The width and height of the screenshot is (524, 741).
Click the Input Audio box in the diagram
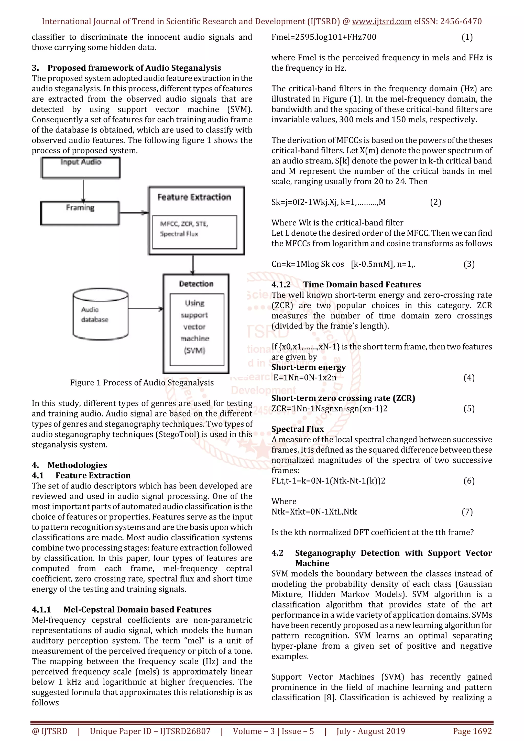[81, 168]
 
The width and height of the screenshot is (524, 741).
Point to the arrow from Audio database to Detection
[146, 309]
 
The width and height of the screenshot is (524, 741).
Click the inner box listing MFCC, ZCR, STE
[194, 232]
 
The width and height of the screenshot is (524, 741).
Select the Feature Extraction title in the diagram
[194, 197]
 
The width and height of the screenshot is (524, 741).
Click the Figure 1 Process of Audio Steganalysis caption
[142, 383]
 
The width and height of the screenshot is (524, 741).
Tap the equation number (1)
[467, 37]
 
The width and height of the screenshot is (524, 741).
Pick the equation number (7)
[467, 512]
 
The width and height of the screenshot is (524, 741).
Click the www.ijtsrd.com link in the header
[381, 22]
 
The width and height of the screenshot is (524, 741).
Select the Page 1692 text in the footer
[472, 731]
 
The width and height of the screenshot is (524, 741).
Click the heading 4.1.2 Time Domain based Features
[346, 285]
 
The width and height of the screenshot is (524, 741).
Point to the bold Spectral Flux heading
[298, 429]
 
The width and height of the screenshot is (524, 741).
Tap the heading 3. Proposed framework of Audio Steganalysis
[126, 68]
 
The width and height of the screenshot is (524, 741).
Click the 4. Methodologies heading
[69, 465]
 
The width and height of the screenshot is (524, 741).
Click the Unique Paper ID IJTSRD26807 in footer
[150, 731]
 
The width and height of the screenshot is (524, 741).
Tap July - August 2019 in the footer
[370, 731]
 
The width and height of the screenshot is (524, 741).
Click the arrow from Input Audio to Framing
[84, 190]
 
